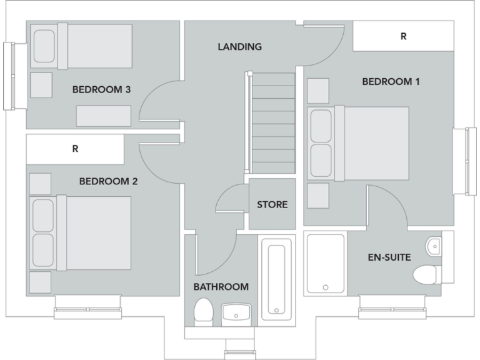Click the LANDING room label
[239, 47]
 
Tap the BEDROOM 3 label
[101, 89]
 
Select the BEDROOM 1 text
[391, 81]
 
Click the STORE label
[272, 204]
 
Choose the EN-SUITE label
[389, 256]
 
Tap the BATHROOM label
[221, 287]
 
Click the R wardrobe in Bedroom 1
[403, 36]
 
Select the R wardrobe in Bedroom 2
[75, 149]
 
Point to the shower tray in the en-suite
[325, 264]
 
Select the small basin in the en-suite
[434, 247]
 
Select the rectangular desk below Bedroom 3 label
[104, 116]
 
